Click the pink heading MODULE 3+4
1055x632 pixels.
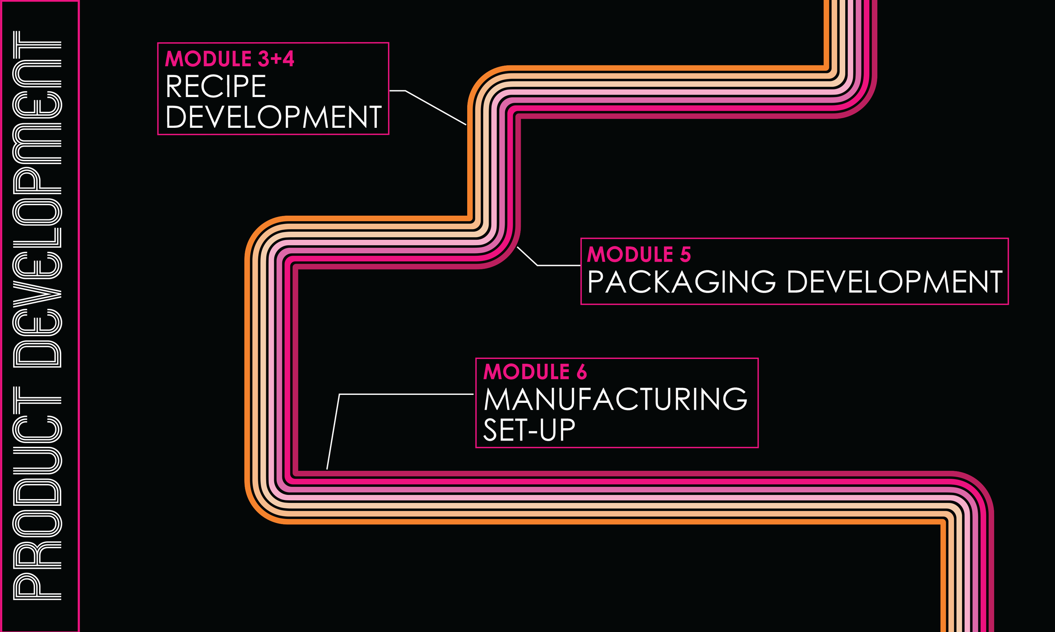coord(229,59)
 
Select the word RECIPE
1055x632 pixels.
coord(216,86)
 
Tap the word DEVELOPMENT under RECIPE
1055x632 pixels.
coord(273,117)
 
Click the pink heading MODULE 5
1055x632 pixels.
coord(639,255)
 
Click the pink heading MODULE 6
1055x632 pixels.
coord(535,372)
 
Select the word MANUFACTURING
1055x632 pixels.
coord(615,400)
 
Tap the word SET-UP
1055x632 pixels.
coord(529,430)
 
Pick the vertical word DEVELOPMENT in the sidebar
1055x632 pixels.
coord(38,200)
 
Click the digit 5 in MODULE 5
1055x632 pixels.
coord(685,255)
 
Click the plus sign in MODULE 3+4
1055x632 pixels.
coord(276,59)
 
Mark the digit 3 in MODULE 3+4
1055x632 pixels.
coord(264,59)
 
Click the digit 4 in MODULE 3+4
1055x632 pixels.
coord(288,59)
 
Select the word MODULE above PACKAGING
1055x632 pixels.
coord(630,255)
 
